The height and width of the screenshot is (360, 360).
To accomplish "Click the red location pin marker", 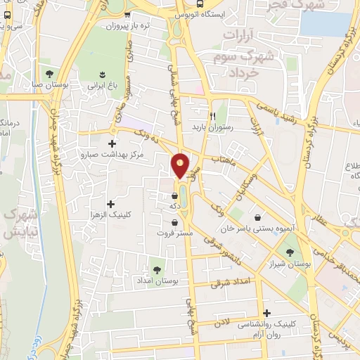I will (181, 165).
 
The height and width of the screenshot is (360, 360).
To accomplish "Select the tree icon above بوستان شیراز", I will (289, 250).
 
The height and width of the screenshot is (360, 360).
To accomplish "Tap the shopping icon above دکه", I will (174, 195).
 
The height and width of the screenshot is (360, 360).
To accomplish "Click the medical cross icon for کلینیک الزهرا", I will (110, 203).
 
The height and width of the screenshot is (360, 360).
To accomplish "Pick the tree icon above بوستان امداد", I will (156, 269).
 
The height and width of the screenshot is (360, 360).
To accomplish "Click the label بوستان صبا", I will (50, 84).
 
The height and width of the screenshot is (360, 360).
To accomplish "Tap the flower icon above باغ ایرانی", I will (103, 74).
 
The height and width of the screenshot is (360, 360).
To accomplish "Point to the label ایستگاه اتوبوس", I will (203, 13).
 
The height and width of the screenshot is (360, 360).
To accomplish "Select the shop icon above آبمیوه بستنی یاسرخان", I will (259, 218).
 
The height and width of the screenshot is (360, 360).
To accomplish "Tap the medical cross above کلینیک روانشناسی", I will (266, 314).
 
